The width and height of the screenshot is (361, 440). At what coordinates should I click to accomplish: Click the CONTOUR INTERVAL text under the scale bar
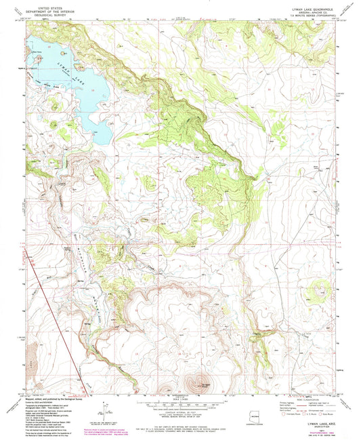click(182, 412)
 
